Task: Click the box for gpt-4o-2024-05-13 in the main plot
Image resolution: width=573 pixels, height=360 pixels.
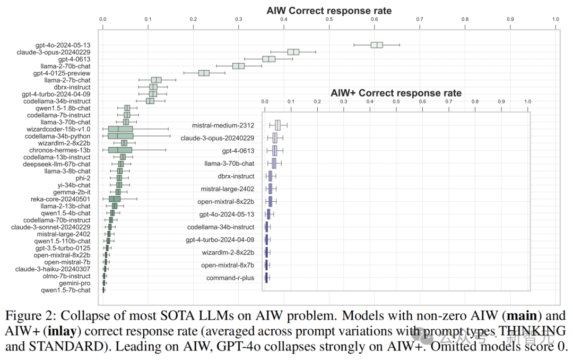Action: point(376,45)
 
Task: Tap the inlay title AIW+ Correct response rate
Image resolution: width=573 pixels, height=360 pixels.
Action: point(396,93)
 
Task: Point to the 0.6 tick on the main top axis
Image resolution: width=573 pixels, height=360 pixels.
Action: point(375,19)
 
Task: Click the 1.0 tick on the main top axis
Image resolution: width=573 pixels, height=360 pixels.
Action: point(555,19)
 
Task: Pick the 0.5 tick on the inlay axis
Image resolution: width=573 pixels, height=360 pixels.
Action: point(396,101)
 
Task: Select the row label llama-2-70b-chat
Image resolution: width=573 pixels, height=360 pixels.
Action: point(68,66)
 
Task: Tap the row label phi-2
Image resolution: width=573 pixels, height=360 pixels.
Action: point(82,178)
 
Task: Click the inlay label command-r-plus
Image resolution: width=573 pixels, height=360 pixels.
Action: point(230,278)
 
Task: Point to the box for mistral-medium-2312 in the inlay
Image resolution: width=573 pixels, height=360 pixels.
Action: point(277,125)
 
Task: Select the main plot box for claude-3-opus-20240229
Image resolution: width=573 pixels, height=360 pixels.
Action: point(293,52)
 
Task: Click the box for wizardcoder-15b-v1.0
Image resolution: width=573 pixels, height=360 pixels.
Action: point(120,129)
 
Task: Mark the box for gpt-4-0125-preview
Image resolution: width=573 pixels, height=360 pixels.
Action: point(204,73)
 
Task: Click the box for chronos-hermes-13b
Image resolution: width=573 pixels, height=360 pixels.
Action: point(120,150)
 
